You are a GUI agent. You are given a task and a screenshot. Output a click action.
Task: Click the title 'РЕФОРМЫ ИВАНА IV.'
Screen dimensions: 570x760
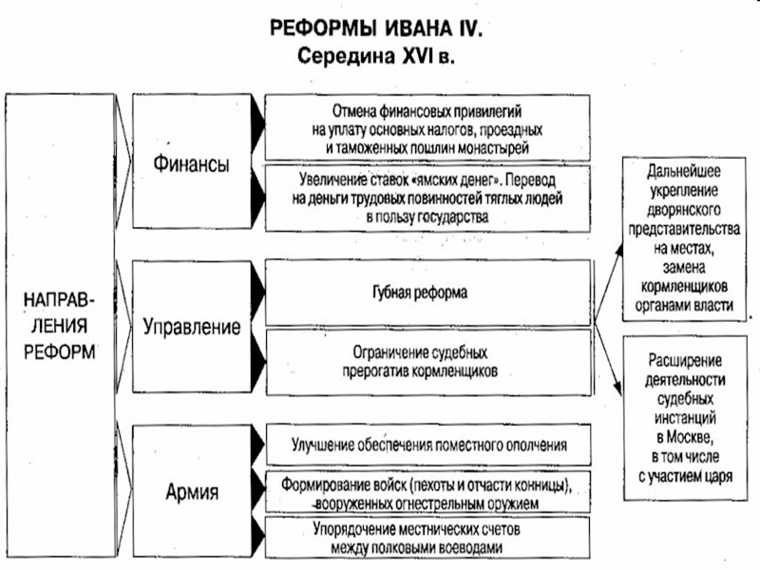click(377, 29)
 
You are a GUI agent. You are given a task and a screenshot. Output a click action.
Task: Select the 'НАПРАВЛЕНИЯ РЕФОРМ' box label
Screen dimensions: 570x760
click(59, 324)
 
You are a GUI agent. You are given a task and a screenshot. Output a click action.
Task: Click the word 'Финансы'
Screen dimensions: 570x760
click(191, 163)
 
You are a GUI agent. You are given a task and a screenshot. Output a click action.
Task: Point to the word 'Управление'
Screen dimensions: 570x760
click(191, 328)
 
